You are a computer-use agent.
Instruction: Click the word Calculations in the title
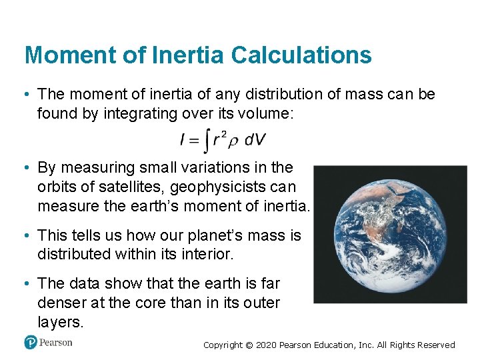tap(301, 55)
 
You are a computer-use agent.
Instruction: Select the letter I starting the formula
tap(182, 139)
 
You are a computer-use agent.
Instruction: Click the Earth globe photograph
tap(391, 235)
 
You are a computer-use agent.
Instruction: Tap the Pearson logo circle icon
tap(30, 343)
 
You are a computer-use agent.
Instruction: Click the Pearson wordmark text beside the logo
tap(56, 343)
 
